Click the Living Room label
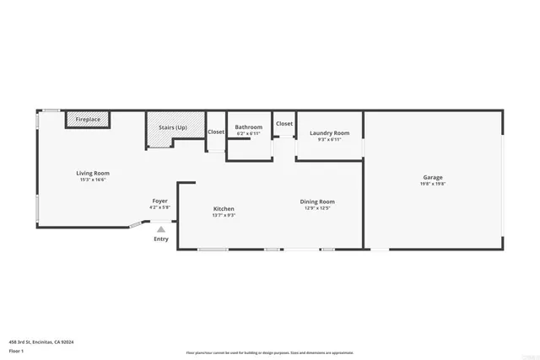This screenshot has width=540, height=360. click(x=94, y=173)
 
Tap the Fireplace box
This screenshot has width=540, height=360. click(x=88, y=120)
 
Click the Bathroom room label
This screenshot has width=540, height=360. click(x=248, y=127)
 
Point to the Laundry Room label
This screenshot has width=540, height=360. click(x=329, y=132)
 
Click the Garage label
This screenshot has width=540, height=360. click(x=433, y=177)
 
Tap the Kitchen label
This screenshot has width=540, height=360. click(x=224, y=208)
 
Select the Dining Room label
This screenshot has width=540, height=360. click(x=317, y=201)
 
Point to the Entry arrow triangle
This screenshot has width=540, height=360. click(x=160, y=228)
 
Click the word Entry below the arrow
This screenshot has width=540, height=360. click(x=160, y=239)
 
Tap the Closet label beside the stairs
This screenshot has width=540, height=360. click(x=216, y=132)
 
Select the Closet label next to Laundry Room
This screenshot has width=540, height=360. click(x=284, y=124)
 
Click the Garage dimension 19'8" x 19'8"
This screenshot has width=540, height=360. click(x=433, y=184)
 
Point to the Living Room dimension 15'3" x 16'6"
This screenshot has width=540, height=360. click(x=94, y=180)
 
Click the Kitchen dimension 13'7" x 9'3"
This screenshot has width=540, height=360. click(x=224, y=215)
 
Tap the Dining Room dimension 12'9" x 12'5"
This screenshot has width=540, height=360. click(x=317, y=208)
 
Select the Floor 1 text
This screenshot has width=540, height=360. click(x=17, y=350)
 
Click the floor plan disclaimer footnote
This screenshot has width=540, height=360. click(x=269, y=353)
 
